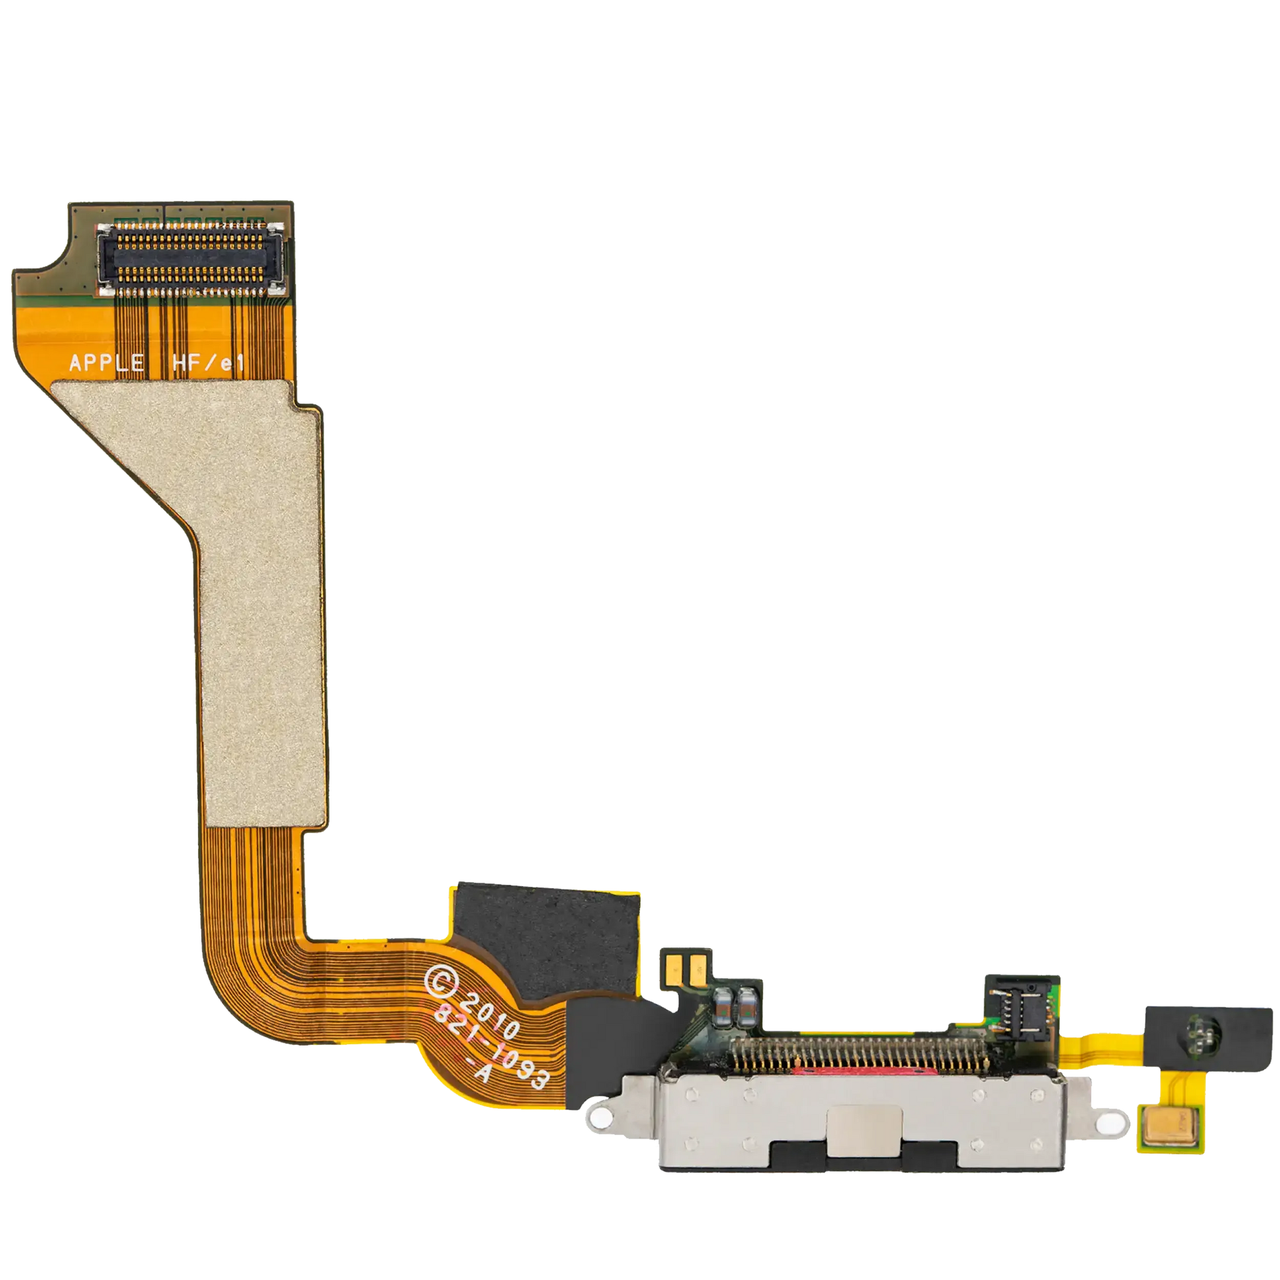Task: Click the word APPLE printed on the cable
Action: (107, 362)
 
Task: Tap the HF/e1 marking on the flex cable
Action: (208, 362)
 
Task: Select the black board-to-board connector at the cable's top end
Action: (191, 259)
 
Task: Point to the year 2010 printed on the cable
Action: (490, 1015)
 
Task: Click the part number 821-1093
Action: (491, 1048)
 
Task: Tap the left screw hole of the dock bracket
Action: (600, 1118)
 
